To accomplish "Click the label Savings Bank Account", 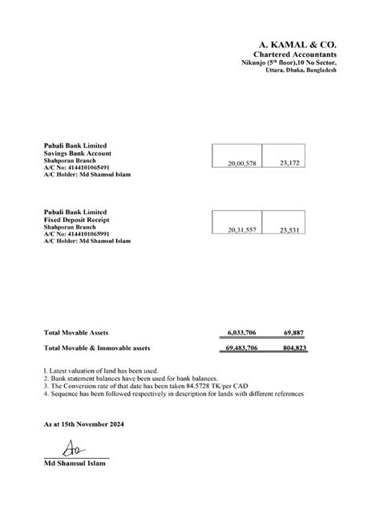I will [77, 152].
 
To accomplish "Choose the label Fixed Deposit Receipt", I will [78, 219].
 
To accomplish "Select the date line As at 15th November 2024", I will [85, 423].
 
